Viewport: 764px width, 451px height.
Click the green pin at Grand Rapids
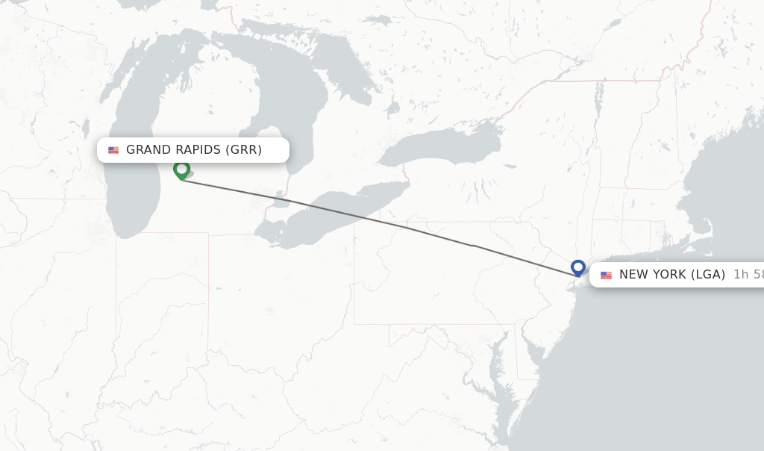click(x=181, y=169)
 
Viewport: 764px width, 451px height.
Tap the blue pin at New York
click(x=577, y=267)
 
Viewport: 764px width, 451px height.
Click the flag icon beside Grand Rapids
click(x=113, y=150)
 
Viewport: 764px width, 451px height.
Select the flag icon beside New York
click(x=606, y=275)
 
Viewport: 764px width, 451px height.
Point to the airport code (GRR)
click(x=243, y=150)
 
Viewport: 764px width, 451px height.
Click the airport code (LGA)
click(x=707, y=275)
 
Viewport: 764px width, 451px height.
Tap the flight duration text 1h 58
click(x=748, y=275)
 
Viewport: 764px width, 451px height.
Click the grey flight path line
click(x=373, y=220)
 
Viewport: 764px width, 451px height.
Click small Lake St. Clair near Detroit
click(x=281, y=201)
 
